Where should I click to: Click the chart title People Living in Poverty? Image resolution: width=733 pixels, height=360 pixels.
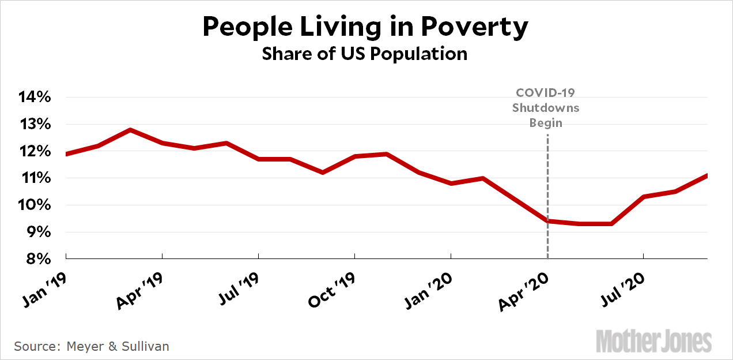[x=365, y=27]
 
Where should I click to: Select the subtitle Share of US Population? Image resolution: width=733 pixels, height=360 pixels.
[x=364, y=54]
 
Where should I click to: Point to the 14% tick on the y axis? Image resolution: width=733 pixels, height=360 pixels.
[x=35, y=97]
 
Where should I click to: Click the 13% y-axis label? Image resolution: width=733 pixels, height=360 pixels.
[x=35, y=124]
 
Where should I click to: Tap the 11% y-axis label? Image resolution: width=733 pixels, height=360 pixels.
[x=35, y=178]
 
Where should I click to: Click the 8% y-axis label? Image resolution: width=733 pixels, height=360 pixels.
[x=36, y=259]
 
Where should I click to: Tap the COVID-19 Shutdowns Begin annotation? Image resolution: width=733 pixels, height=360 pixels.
[x=546, y=107]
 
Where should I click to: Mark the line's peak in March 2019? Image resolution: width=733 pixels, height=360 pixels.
[x=130, y=130]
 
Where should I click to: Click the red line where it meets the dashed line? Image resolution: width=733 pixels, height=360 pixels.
[x=547, y=221]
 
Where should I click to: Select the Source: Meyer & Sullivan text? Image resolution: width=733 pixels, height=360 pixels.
[x=92, y=346]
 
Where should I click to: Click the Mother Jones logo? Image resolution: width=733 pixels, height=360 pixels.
[x=653, y=341]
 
